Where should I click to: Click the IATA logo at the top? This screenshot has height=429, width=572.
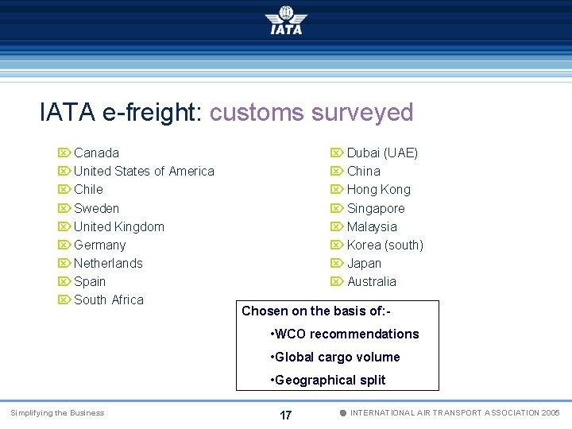pyautogui.click(x=286, y=21)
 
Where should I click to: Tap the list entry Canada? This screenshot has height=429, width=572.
pyautogui.click(x=96, y=153)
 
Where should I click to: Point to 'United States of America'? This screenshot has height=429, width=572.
pyautogui.click(x=144, y=171)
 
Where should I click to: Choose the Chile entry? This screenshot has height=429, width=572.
pyautogui.click(x=88, y=189)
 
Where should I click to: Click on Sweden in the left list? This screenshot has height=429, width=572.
pyautogui.click(x=96, y=208)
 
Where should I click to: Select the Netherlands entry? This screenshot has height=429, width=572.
pyautogui.click(x=108, y=263)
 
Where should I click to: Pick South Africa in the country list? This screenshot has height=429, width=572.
pyautogui.click(x=109, y=300)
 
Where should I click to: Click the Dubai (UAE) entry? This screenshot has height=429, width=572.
pyautogui.click(x=382, y=153)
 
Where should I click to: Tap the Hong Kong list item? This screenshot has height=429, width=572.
pyautogui.click(x=379, y=189)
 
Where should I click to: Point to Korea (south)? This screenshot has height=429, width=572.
pyautogui.click(x=385, y=245)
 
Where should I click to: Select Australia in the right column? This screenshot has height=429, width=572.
pyautogui.click(x=371, y=281)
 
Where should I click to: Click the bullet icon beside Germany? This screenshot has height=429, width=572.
pyautogui.click(x=64, y=245)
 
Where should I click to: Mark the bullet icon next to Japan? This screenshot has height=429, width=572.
pyautogui.click(x=337, y=263)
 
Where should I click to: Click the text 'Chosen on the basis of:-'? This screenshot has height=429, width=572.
pyautogui.click(x=315, y=311)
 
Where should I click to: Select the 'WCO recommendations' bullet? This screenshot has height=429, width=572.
pyautogui.click(x=345, y=334)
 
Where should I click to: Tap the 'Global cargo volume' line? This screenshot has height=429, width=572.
pyautogui.click(x=335, y=357)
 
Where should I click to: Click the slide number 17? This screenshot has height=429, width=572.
pyautogui.click(x=286, y=415)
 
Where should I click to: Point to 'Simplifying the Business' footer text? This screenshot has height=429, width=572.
pyautogui.click(x=56, y=412)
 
